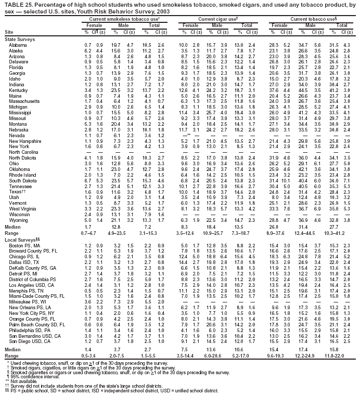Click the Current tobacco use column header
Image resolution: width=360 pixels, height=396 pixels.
tap(307, 19)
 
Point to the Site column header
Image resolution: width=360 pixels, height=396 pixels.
tap(9, 32)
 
